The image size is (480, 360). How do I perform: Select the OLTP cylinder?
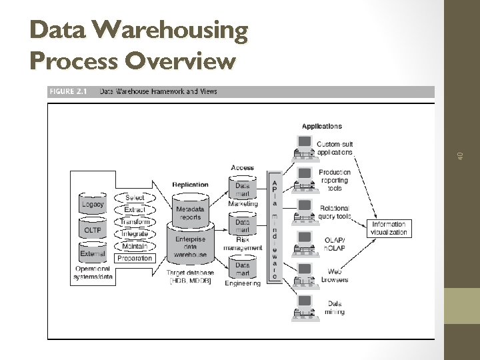pyautogui.click(x=92, y=229)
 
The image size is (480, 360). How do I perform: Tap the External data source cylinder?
pyautogui.click(x=92, y=253)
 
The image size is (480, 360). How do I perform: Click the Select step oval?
pyautogui.click(x=135, y=198)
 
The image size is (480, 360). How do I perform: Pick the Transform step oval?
pyautogui.click(x=135, y=222)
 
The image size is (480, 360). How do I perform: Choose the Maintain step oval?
pyautogui.click(x=135, y=246)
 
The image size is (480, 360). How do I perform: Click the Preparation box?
pyautogui.click(x=135, y=258)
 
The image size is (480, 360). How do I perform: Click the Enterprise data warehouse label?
pyautogui.click(x=191, y=247)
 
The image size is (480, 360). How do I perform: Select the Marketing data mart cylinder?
pyautogui.click(x=243, y=189)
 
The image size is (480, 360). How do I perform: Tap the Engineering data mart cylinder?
pyautogui.click(x=243, y=268)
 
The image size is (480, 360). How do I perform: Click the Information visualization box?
pyautogui.click(x=389, y=228)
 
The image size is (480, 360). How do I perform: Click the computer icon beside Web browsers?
pyautogui.click(x=305, y=274)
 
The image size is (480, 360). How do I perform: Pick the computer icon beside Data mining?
pyautogui.click(x=305, y=306)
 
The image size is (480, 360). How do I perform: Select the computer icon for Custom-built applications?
pyautogui.click(x=305, y=147)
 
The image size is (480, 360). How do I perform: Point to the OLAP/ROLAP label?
pyautogui.click(x=334, y=243)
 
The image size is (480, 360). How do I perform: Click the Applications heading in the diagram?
pyautogui.click(x=321, y=126)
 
